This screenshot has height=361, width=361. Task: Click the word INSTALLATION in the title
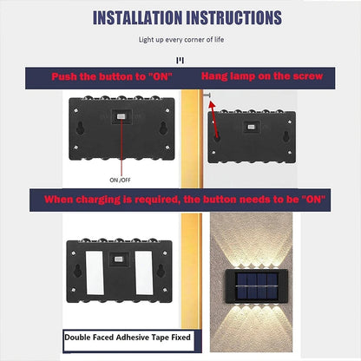click(x=138, y=17)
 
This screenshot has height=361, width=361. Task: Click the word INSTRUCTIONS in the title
click(x=234, y=17)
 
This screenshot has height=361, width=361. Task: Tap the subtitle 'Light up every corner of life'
click(x=181, y=40)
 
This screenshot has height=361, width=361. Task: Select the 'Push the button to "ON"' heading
click(x=112, y=76)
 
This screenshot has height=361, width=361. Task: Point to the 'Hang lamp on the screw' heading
click(x=262, y=76)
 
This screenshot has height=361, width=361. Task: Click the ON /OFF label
click(x=120, y=180)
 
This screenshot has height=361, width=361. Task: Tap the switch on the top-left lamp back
click(x=121, y=116)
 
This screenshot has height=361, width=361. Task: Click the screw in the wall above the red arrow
click(x=207, y=95)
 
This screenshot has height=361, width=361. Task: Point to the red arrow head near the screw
click(x=212, y=104)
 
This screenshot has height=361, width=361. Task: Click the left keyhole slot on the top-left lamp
click(x=80, y=128)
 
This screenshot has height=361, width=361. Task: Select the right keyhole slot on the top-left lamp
click(x=163, y=128)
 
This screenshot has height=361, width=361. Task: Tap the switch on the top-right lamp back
click(x=251, y=127)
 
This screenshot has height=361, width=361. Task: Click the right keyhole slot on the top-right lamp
click(x=286, y=136)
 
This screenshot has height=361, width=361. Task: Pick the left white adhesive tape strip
click(x=95, y=272)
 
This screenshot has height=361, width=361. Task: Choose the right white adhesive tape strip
click(x=144, y=272)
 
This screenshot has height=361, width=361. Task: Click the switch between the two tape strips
click(x=118, y=259)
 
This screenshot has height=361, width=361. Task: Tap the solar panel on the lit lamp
click(x=257, y=286)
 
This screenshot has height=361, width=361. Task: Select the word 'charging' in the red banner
click(x=98, y=200)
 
